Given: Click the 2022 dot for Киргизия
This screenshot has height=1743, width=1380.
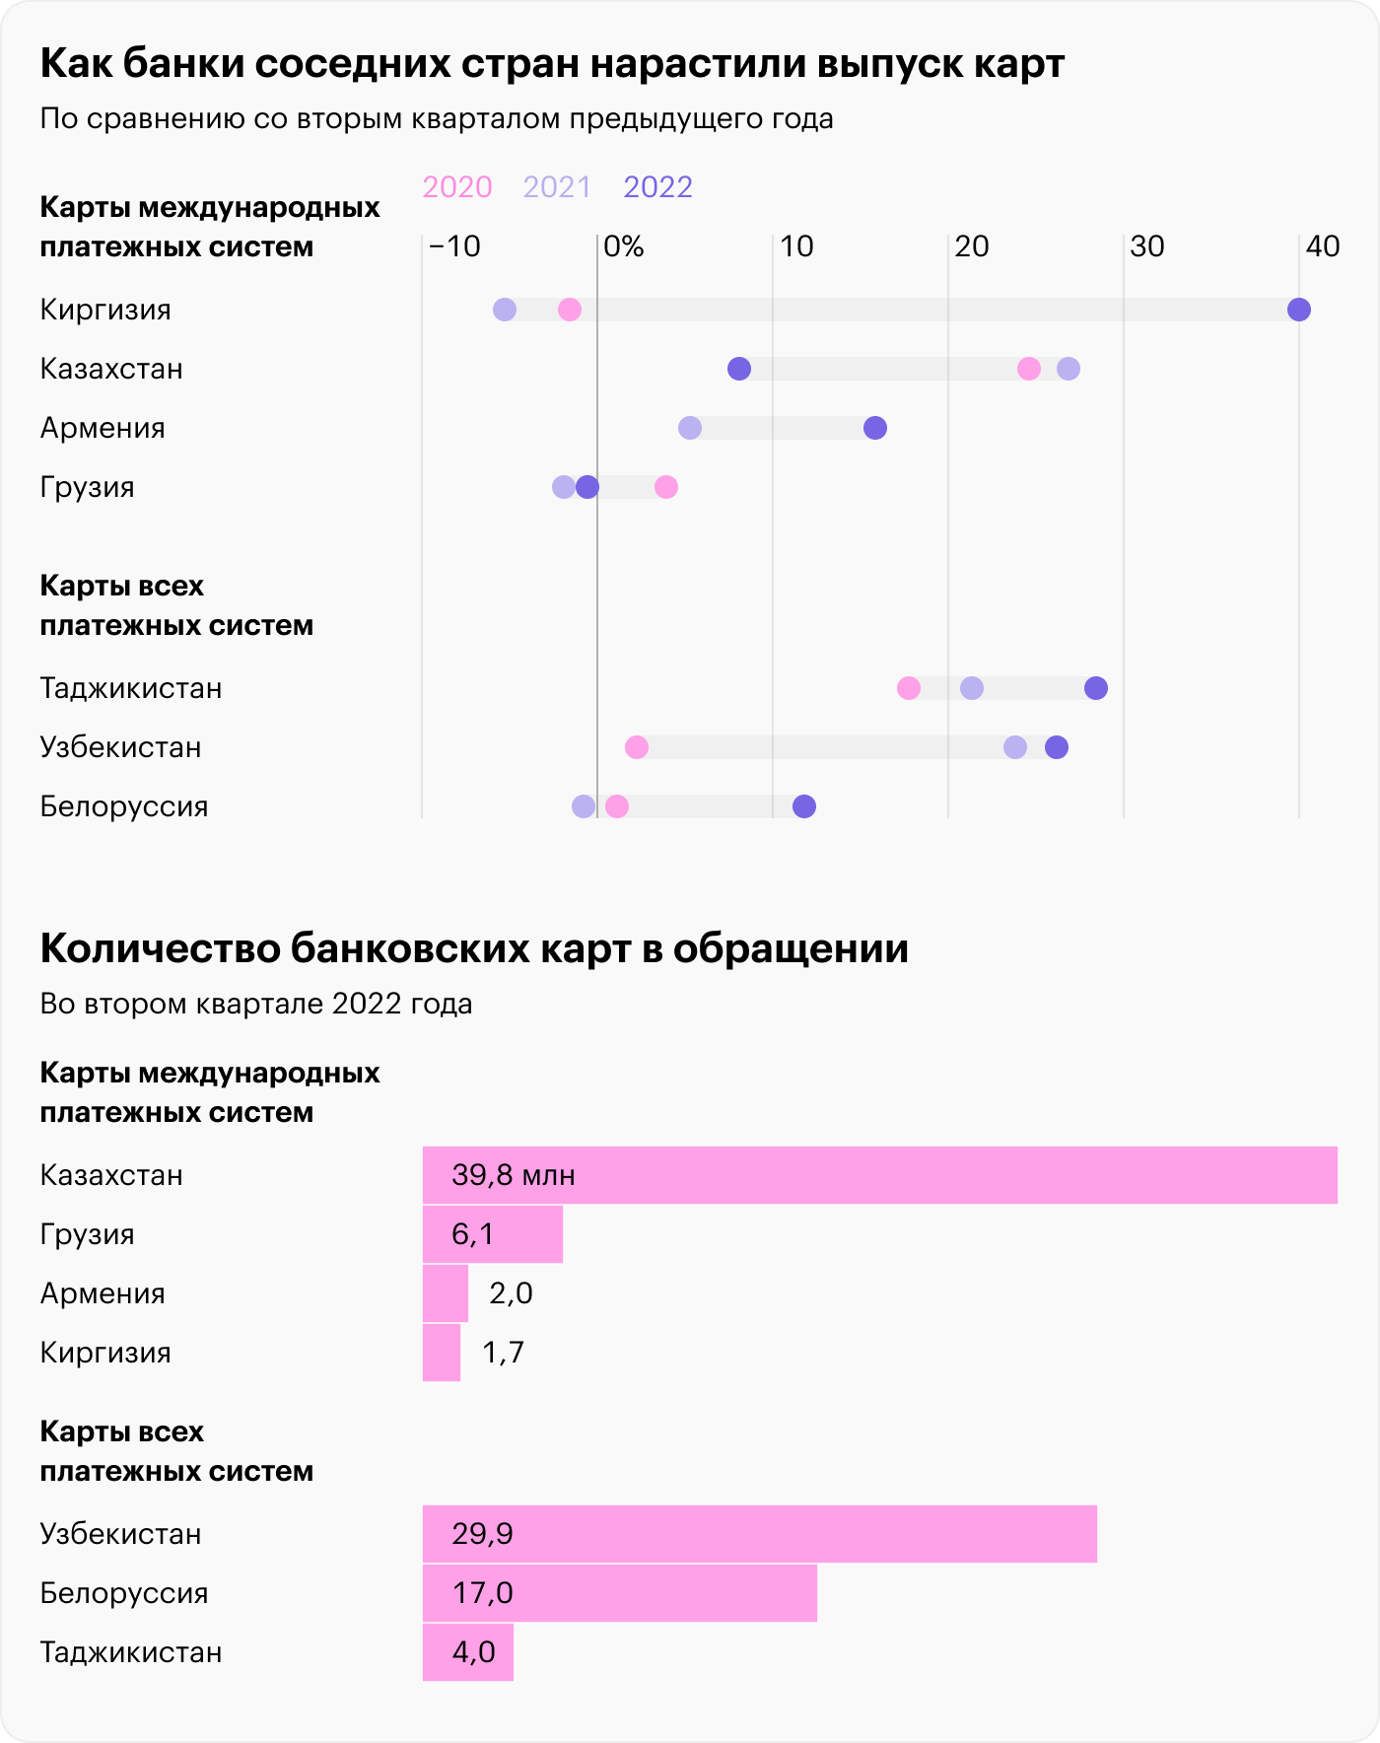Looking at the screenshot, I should (x=1299, y=310).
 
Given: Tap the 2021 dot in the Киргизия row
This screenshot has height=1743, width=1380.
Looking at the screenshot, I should (x=505, y=310).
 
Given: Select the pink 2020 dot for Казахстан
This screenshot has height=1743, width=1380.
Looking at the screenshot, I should (x=1029, y=369).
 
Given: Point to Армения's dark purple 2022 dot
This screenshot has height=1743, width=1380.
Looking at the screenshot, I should (x=875, y=428).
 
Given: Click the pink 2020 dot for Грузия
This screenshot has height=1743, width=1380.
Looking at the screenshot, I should (x=666, y=487).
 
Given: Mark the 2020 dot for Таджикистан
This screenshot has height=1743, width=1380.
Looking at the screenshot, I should (x=909, y=688).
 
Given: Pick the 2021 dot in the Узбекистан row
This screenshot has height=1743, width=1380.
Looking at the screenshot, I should (x=1015, y=747).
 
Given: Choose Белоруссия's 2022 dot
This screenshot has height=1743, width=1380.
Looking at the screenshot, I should (x=804, y=806).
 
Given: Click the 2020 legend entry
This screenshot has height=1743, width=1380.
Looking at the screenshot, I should (x=457, y=187).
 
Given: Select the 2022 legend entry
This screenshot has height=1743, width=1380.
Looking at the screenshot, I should (x=658, y=187).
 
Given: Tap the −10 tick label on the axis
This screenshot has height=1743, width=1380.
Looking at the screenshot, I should (x=454, y=246).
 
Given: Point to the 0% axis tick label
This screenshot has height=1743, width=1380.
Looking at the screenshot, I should (x=623, y=246).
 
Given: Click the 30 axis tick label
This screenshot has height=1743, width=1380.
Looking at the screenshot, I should (x=1146, y=246).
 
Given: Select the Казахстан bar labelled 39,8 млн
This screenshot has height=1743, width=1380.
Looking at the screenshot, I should (x=879, y=1175).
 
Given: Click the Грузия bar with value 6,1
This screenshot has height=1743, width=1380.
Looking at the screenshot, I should (x=493, y=1234).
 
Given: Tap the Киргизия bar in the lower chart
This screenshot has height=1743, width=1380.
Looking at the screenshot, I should (x=442, y=1353).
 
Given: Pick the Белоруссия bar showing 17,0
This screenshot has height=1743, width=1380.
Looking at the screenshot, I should (x=619, y=1593).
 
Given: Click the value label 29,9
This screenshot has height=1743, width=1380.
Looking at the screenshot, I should (x=483, y=1534).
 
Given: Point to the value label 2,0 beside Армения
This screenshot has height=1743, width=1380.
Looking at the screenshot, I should (x=511, y=1293).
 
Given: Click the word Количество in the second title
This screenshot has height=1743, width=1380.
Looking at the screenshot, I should (x=159, y=948).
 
